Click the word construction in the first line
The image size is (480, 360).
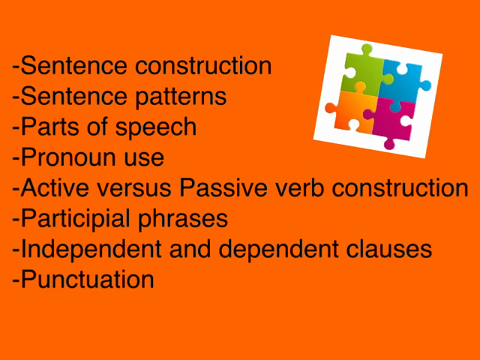click(x=203, y=66)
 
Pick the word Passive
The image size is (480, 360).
click(x=223, y=187)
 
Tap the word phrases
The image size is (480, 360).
click(x=183, y=218)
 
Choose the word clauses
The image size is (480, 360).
click(x=389, y=249)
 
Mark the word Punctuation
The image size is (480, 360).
click(x=87, y=279)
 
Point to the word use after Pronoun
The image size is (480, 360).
click(x=144, y=160)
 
